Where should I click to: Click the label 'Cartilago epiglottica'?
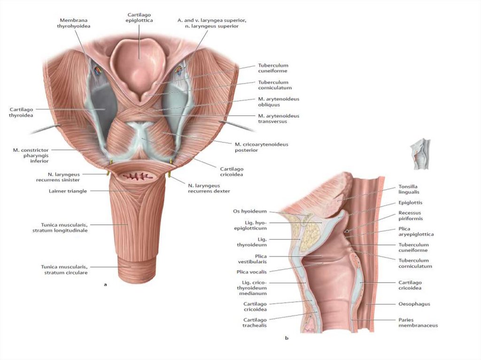pos(140,18)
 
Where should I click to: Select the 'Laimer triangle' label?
pos(68,191)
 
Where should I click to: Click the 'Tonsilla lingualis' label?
pos(409,189)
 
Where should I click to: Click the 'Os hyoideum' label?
pos(249,211)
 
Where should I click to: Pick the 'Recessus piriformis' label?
pos(410,215)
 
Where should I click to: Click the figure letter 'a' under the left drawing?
pos(105,284)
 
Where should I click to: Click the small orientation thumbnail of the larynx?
pos(420,153)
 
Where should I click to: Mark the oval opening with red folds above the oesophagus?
pos(140,177)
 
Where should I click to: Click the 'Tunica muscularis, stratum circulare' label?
pos(64,269)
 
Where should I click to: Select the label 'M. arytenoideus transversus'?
pos(279,118)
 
